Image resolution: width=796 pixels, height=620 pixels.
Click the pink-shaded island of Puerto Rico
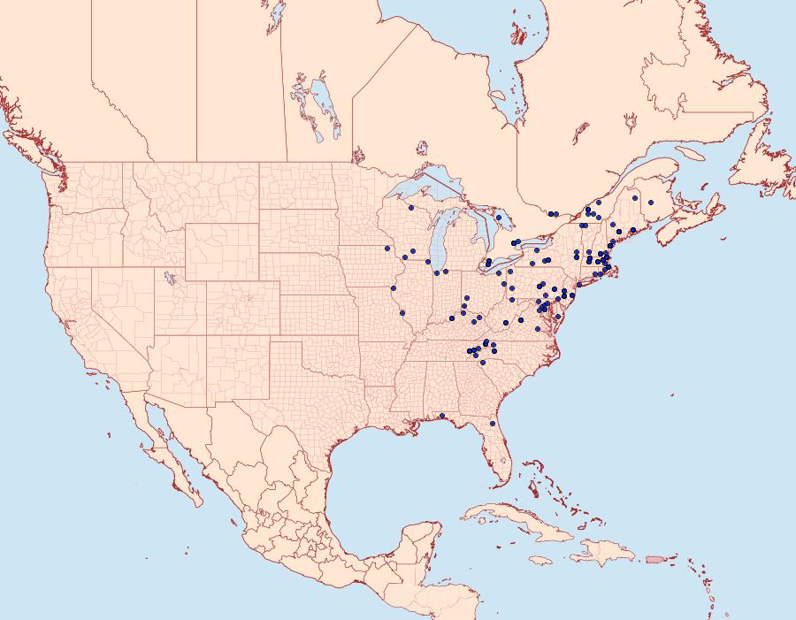(x=655, y=558)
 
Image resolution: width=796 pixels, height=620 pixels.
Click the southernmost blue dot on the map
(x=492, y=424)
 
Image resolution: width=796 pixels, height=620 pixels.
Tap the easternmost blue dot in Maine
(x=650, y=203)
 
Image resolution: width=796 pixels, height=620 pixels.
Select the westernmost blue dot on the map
(x=387, y=249)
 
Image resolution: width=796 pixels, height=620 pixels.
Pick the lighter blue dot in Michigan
(x=499, y=217)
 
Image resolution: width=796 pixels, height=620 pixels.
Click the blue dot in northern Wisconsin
(x=411, y=208)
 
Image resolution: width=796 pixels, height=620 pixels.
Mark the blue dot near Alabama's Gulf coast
(x=441, y=416)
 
